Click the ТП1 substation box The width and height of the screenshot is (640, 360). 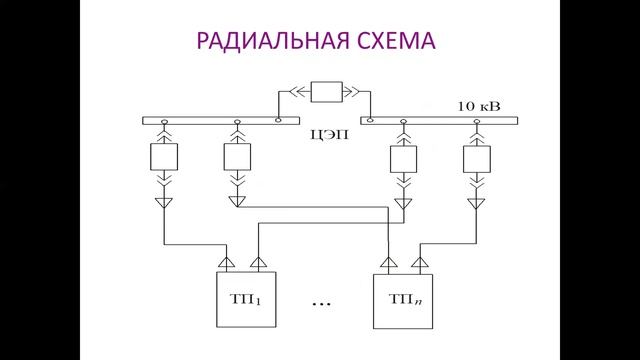244,299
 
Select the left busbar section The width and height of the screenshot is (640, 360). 210,120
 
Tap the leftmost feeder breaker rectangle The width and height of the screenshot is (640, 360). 164,158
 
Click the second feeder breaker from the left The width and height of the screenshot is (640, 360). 237,158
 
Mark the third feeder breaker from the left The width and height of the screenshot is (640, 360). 403,158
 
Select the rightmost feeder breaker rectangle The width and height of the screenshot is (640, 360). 477,158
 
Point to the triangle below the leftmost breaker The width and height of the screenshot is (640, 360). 164,203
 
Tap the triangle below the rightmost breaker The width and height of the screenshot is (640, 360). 477,203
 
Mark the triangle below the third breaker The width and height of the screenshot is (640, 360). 403,202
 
